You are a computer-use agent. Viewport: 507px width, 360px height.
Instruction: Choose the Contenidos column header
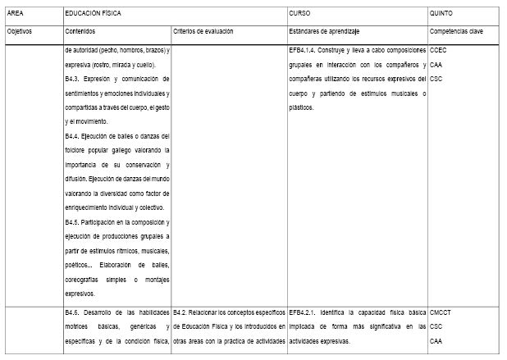tap(80, 30)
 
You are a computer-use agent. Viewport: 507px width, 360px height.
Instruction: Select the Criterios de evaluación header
tap(203, 30)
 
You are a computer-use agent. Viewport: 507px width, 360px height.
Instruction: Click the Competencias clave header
tap(457, 30)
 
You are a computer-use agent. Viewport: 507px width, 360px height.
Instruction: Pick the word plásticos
tap(302, 107)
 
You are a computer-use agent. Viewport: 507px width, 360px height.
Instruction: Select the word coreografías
tap(86, 280)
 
